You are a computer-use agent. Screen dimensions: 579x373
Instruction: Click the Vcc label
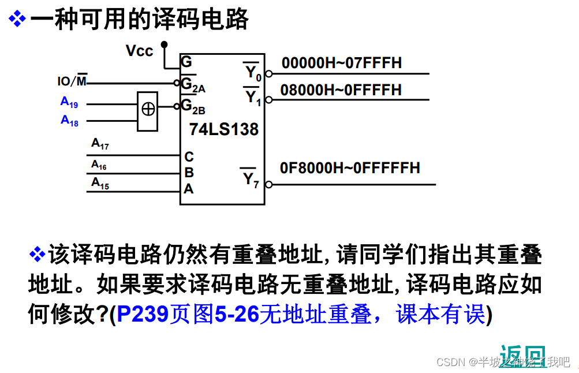[139, 51]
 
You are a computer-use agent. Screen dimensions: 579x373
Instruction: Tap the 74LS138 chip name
[223, 129]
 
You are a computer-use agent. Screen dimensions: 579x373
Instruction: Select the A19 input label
[69, 102]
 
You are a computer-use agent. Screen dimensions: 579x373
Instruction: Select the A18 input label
[69, 121]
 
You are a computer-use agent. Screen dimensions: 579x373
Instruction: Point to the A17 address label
[100, 144]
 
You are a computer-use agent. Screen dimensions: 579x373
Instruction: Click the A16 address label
[99, 165]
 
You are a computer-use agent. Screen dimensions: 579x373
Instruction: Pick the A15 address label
[100, 184]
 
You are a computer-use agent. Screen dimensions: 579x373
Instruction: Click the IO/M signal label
[72, 81]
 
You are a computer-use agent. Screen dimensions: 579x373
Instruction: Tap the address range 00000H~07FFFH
[341, 63]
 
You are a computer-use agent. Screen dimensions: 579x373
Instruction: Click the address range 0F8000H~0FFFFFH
[350, 168]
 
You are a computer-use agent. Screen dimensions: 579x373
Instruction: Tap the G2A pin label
[193, 85]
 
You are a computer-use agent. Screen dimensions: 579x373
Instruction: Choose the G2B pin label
[193, 106]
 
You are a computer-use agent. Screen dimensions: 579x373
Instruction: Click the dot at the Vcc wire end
[164, 44]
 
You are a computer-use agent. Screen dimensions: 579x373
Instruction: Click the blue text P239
[142, 314]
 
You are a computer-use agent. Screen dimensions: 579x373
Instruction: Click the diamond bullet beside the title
[17, 20]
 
